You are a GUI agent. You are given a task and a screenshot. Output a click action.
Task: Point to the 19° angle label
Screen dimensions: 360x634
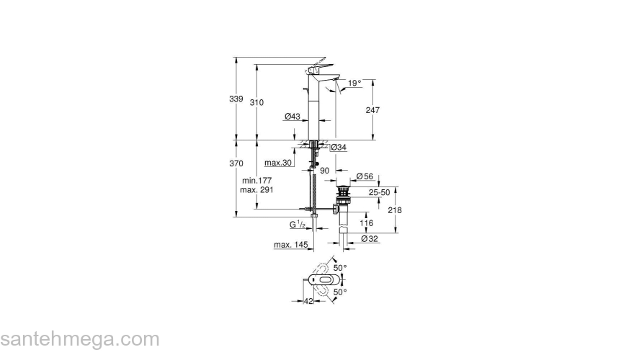coord(354,84)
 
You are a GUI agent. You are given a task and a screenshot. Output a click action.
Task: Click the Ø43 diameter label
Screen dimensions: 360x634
coord(292,117)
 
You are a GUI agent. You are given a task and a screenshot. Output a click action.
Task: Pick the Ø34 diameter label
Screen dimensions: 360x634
coord(339,148)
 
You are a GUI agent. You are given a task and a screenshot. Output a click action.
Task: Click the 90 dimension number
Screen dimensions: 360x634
coord(324,171)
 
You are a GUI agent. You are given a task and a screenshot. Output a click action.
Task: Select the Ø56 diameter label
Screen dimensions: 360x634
coord(365,177)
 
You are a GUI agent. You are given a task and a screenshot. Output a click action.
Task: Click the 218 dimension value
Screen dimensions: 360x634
coord(394,210)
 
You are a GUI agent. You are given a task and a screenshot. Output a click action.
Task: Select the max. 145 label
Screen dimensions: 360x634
coord(291,246)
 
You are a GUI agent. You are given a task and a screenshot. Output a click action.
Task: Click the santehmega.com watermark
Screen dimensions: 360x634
coord(79,339)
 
